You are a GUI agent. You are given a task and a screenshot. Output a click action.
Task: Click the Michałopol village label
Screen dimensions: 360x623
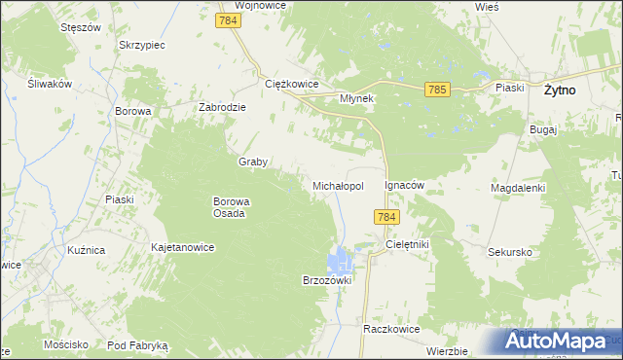point(338,185)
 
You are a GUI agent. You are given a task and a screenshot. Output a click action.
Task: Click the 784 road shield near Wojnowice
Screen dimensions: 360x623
point(229,20)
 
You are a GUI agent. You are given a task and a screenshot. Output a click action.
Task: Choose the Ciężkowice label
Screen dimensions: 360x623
point(292,84)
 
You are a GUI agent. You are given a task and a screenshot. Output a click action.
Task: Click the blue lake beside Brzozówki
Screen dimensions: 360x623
point(340,260)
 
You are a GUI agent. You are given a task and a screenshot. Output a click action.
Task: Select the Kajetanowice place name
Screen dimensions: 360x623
point(182,247)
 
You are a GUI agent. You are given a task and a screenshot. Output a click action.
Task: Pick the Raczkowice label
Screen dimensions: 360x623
point(390,329)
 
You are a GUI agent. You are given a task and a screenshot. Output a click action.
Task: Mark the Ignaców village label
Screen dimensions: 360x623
point(407,184)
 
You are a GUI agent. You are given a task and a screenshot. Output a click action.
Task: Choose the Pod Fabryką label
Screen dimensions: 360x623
point(138,345)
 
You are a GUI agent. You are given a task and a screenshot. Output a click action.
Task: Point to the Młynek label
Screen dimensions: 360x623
point(357,98)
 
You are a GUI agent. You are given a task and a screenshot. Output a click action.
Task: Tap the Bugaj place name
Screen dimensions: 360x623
point(543,128)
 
